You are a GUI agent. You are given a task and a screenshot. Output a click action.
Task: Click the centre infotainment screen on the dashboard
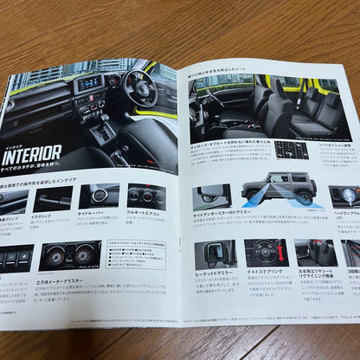pyautogui.click(x=90, y=84)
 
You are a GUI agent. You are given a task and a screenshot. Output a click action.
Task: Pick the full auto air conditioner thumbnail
pyautogui.click(x=146, y=197)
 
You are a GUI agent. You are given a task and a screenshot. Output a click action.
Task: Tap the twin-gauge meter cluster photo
pyautogui.click(x=68, y=255)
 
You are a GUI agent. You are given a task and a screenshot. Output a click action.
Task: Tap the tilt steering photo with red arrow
pyautogui.click(x=264, y=254)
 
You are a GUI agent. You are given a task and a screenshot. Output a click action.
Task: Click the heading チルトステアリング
pyautogui.click(x=264, y=272)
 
